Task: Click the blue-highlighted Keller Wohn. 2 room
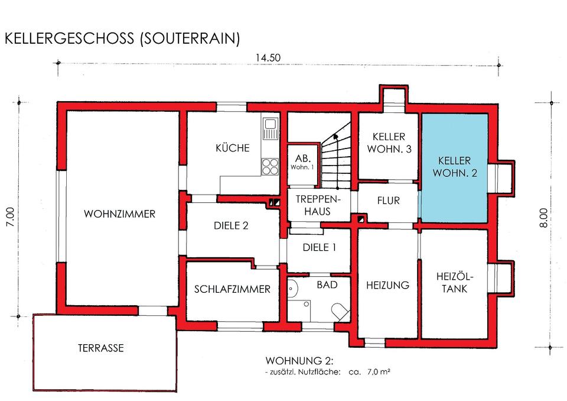454,169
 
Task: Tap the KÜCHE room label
233,148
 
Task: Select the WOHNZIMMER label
120,214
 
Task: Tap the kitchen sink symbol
271,128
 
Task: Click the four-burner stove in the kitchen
270,166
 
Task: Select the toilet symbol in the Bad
340,312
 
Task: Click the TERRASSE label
101,348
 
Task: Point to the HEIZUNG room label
387,285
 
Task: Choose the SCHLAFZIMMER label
233,289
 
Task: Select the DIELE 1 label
319,248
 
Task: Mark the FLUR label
388,201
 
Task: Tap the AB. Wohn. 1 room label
304,162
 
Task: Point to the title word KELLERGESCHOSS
67,39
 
